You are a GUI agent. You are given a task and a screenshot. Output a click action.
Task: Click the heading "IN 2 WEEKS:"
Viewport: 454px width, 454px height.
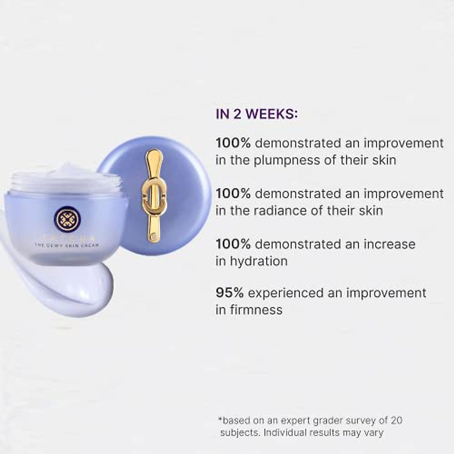(257, 114)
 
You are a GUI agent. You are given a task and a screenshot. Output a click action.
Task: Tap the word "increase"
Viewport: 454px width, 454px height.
(389, 244)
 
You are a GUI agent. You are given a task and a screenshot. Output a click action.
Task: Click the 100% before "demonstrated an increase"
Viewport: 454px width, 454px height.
(233, 244)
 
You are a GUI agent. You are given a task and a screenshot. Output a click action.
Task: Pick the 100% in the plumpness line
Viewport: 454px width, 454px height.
(233, 143)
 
